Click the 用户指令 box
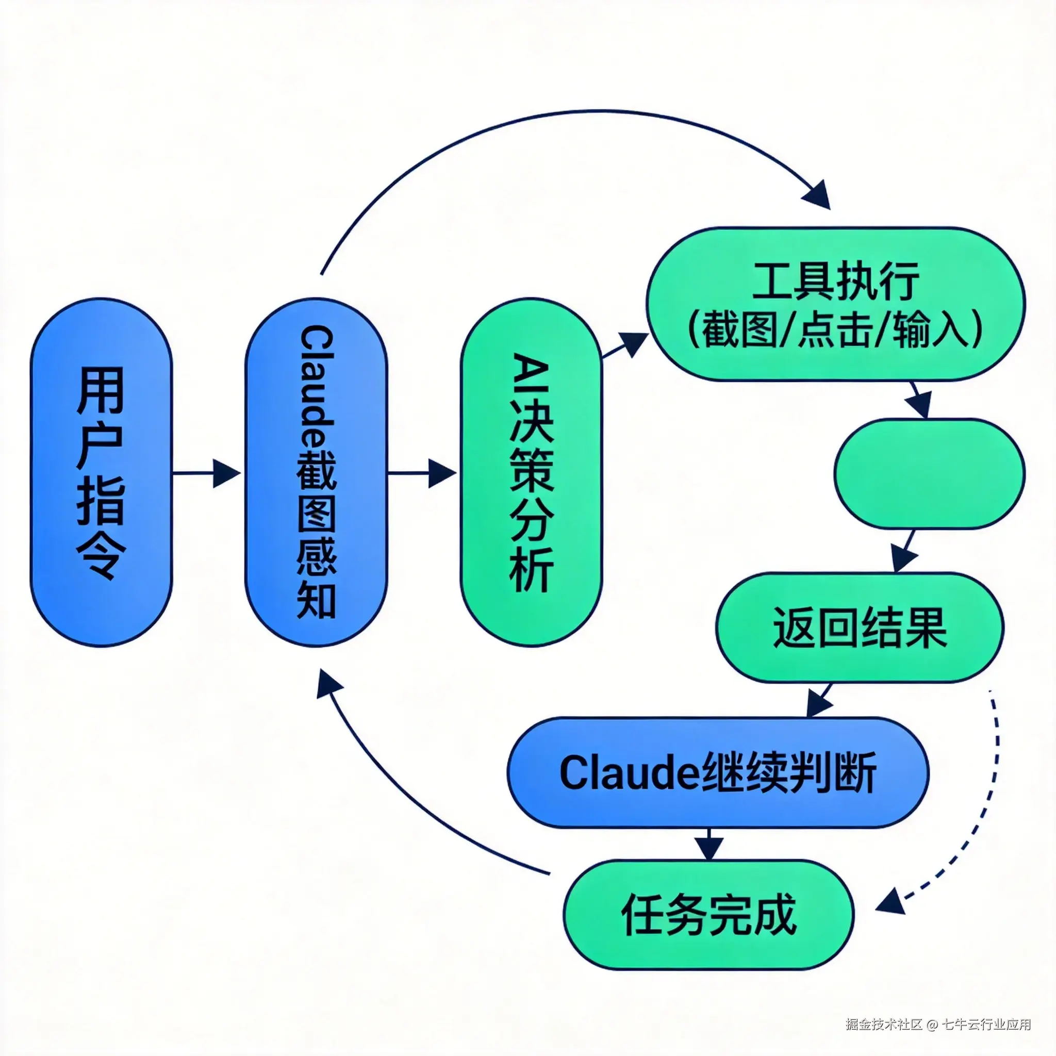(x=101, y=473)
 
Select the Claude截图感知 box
(x=316, y=473)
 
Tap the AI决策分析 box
(x=531, y=473)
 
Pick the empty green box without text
(x=929, y=473)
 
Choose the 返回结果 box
(x=860, y=628)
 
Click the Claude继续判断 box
(x=718, y=773)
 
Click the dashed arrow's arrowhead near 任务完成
(x=889, y=900)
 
